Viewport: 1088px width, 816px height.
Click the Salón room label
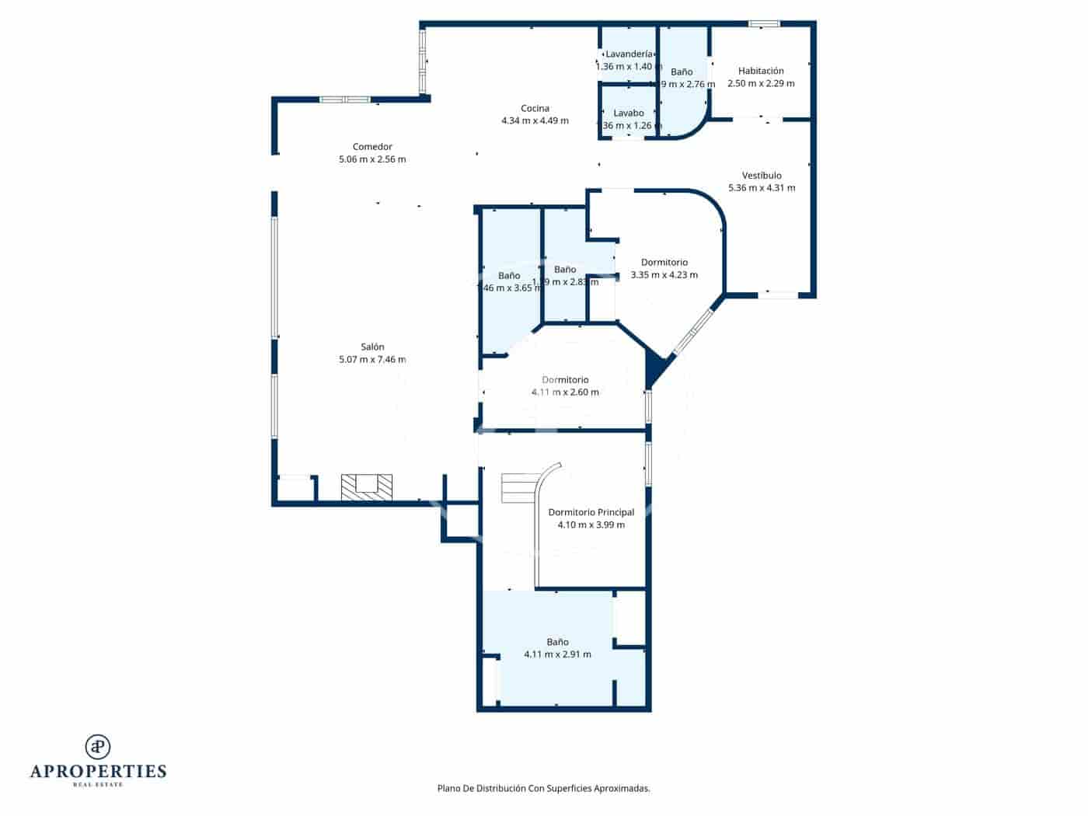point(372,347)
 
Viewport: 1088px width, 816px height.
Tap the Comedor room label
point(372,146)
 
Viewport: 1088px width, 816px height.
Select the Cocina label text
point(535,108)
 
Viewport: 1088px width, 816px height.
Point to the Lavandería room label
point(629,54)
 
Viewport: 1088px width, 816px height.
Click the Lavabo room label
point(628,113)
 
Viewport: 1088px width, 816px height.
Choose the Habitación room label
point(761,71)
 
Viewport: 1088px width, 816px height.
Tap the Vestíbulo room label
point(762,175)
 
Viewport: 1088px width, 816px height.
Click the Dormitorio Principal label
point(591,512)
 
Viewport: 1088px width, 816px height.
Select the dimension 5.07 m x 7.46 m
point(372,359)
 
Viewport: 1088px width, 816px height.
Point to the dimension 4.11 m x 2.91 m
point(557,654)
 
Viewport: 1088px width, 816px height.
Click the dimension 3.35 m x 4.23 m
point(664,274)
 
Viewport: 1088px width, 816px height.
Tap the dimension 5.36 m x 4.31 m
point(762,187)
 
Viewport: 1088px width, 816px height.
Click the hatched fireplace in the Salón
point(367,486)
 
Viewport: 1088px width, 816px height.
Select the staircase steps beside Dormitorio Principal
point(515,488)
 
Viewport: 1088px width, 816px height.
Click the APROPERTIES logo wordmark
point(98,771)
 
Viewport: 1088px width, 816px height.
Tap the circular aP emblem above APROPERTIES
point(98,746)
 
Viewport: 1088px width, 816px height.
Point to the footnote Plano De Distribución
point(543,788)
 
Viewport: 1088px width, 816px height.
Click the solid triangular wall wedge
point(654,367)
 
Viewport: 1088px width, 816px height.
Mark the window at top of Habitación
point(764,24)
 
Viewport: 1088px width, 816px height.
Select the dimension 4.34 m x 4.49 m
point(535,120)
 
